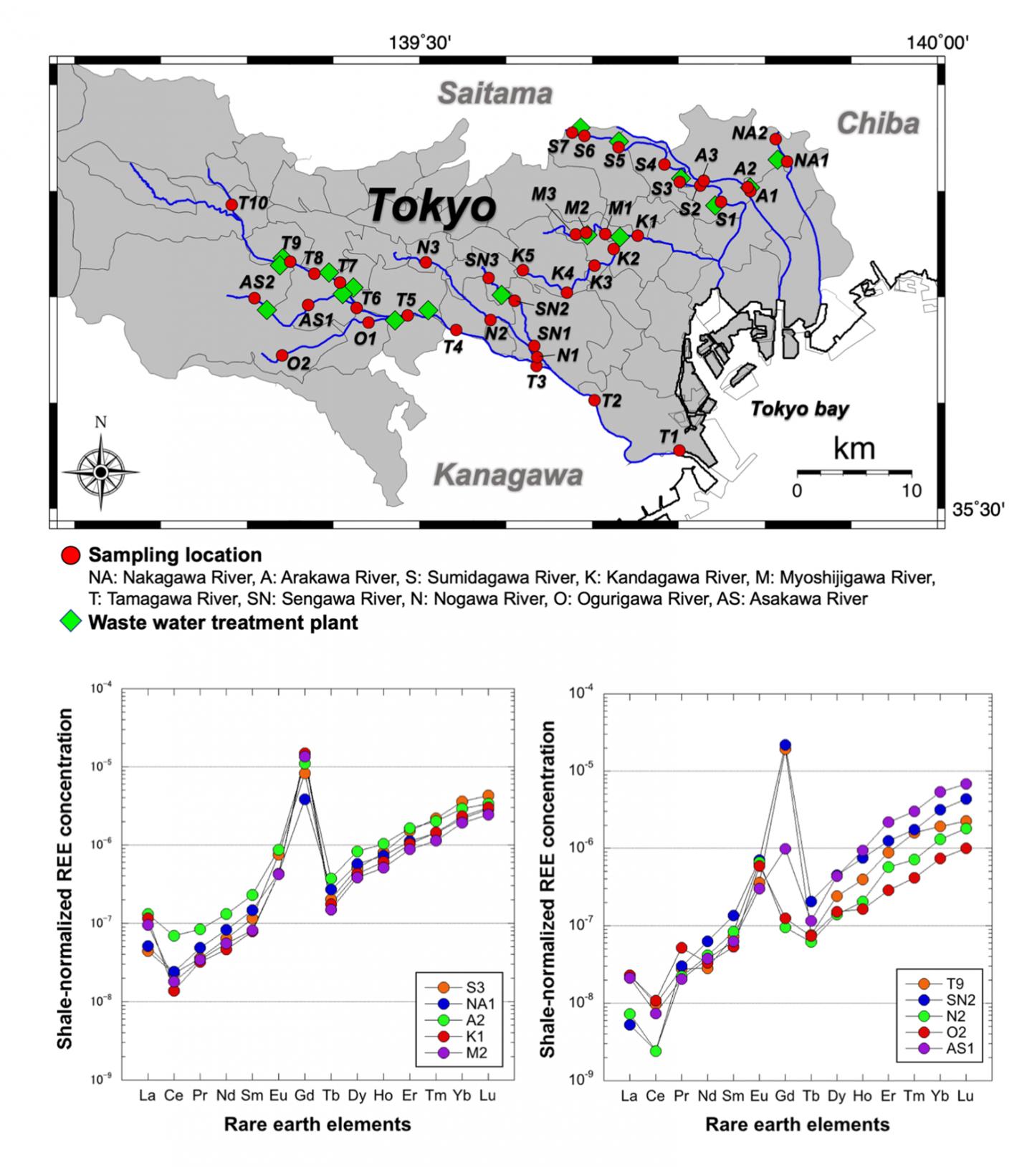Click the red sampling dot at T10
tap(231, 205)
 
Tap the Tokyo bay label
tap(799, 409)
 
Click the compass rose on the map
tap(101, 472)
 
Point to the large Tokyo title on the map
tap(432, 206)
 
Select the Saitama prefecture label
tap(495, 94)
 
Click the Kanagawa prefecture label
tap(508, 475)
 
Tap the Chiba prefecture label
tap(878, 123)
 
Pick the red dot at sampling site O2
tap(282, 355)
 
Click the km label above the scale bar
tap(854, 448)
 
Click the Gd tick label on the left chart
tap(305, 1095)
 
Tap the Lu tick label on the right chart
tap(965, 1095)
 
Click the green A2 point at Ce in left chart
tap(174, 936)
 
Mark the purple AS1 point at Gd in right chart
tap(785, 848)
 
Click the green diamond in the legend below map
tap(70, 622)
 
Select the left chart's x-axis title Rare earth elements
tap(317, 1123)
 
